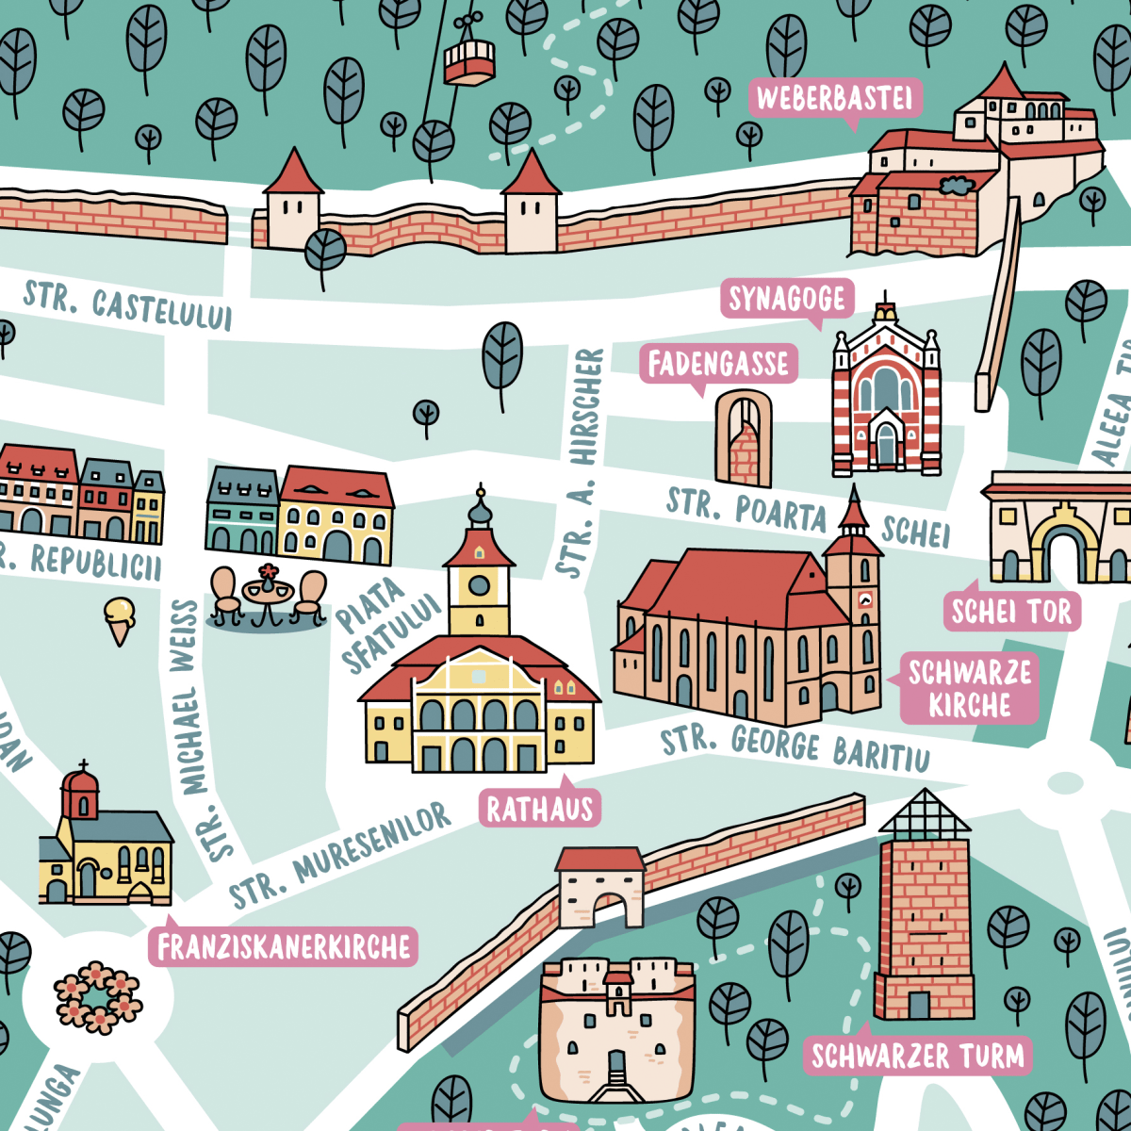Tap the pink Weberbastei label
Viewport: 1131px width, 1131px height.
pos(834,98)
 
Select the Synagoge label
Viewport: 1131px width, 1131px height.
pos(787,300)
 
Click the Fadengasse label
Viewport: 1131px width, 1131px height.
pos(718,364)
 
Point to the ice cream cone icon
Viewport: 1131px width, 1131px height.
pos(120,619)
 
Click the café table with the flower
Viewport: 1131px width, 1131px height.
pos(269,593)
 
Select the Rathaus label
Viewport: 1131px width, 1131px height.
pos(540,809)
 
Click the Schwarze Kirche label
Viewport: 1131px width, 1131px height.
pos(970,689)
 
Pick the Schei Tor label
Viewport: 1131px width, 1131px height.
pos(1011,613)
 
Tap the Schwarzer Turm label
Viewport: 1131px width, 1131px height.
pos(918,1056)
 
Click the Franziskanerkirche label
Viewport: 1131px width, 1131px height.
pos(284,947)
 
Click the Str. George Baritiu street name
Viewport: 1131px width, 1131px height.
pos(795,747)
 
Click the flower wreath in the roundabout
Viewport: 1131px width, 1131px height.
pos(97,997)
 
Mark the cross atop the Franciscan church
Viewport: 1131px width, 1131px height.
pos(84,766)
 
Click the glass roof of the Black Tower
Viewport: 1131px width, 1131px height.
pos(924,812)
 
